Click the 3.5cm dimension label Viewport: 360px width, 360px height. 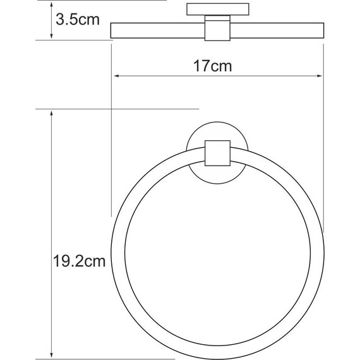click(78, 19)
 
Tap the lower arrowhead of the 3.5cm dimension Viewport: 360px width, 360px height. click(51, 36)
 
